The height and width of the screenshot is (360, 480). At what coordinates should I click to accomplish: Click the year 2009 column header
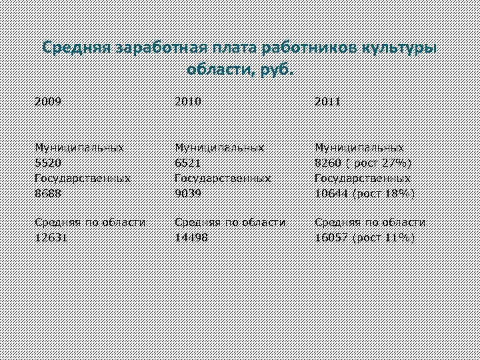48,102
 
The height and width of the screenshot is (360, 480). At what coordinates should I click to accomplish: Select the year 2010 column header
187,102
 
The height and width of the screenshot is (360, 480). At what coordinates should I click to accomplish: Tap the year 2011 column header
327,102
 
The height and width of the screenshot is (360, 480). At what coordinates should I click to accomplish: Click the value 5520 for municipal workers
48,162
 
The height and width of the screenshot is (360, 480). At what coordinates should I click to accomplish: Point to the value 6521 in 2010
187,162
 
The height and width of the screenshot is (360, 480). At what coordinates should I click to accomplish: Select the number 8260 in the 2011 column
328,162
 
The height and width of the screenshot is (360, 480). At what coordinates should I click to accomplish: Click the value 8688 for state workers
48,193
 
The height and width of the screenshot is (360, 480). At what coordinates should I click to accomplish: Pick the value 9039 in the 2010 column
187,193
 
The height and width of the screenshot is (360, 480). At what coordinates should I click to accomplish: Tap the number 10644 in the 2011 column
331,193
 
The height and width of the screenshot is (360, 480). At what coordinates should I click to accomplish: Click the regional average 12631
51,238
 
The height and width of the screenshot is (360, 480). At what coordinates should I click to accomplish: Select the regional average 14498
191,238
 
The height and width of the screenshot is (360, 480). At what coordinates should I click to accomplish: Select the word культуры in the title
399,49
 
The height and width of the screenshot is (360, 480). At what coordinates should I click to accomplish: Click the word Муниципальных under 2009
79,147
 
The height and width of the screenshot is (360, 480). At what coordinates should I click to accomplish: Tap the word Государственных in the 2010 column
222,178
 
